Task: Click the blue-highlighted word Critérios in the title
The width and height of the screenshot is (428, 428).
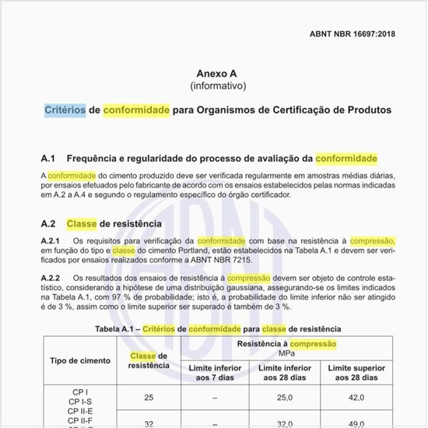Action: click(x=65, y=110)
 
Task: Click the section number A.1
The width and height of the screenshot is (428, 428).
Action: click(x=48, y=158)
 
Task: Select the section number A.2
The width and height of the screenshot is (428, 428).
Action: click(x=48, y=223)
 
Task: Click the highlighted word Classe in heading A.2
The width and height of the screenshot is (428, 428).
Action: click(x=82, y=223)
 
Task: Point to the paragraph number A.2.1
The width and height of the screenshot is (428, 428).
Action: click(x=51, y=241)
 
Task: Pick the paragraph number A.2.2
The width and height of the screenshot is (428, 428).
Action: click(x=51, y=278)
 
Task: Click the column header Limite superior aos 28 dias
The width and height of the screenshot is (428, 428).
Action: click(x=356, y=372)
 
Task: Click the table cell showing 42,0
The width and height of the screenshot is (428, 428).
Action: click(x=356, y=397)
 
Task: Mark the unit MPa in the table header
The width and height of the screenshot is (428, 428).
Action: click(x=286, y=353)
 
